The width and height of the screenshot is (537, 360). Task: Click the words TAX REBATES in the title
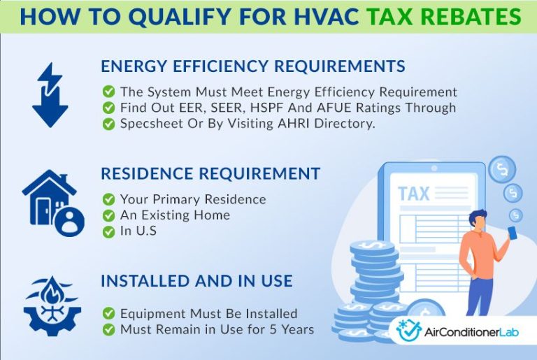455,16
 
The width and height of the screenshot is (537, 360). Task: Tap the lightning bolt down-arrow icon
49,95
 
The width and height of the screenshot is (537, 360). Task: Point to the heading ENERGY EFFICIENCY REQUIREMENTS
252,66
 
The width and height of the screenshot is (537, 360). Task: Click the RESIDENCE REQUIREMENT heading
210,174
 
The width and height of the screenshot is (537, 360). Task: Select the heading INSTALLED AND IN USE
196,281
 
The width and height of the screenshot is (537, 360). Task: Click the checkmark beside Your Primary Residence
109,199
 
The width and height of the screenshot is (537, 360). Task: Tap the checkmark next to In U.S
109,231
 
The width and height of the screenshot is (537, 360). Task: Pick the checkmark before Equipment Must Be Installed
109,313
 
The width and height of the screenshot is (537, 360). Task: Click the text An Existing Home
175,215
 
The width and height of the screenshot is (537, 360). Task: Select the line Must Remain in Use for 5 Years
217,329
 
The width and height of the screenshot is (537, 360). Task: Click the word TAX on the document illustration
413,194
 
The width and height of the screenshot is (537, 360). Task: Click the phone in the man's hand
513,233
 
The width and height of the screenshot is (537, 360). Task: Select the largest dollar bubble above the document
501,169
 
